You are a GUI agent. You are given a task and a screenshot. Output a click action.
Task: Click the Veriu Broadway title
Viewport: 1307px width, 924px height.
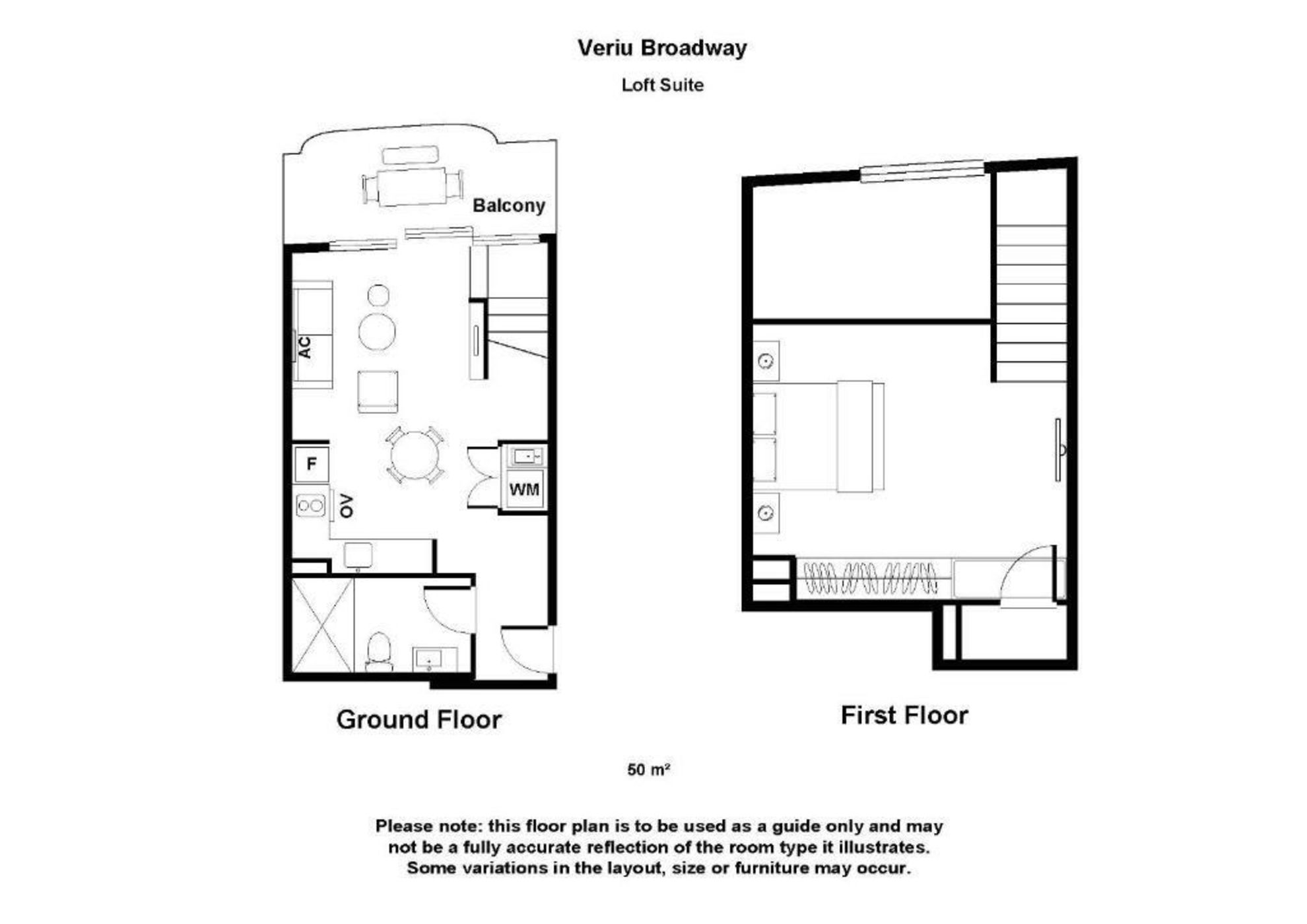662,48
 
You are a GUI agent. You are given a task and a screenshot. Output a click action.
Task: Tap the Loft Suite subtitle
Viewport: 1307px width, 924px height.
662,84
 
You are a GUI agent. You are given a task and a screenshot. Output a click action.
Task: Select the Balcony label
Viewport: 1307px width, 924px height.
508,205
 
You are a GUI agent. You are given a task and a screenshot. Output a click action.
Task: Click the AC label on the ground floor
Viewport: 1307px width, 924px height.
304,347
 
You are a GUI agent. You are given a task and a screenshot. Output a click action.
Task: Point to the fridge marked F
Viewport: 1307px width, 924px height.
312,463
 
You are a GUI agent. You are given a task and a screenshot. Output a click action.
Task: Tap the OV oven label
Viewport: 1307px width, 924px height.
346,506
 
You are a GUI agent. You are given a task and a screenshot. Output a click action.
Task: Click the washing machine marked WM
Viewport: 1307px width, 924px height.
524,490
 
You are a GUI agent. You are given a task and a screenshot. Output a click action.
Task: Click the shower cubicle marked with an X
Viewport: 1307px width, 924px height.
322,624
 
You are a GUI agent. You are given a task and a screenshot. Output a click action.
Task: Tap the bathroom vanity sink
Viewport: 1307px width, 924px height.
434,659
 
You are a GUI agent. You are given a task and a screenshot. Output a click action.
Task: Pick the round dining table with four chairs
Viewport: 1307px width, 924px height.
415,455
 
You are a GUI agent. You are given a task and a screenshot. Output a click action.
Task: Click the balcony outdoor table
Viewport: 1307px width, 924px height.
412,186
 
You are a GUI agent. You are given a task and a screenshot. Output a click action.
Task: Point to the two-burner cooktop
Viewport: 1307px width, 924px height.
310,506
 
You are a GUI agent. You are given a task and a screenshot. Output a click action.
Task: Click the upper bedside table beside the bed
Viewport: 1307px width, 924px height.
766,361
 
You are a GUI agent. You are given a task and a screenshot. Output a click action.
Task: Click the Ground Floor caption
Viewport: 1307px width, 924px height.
419,719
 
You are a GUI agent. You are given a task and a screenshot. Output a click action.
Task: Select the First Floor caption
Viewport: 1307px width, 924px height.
904,715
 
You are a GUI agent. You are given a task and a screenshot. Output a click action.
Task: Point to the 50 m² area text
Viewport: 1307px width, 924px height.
648,770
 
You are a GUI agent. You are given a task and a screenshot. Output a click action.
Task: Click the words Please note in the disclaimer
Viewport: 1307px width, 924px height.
428,826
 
